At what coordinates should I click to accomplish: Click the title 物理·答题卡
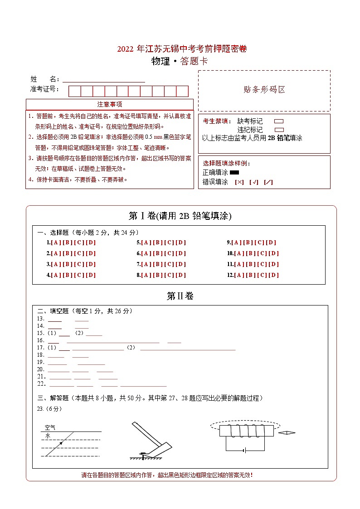point(180,62)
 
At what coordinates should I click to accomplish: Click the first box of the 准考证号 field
point(74,91)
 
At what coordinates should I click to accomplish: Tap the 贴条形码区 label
point(264,90)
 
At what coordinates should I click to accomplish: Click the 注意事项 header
point(109,105)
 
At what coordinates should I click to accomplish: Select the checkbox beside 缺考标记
point(279,121)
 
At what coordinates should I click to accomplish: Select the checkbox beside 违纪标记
point(279,130)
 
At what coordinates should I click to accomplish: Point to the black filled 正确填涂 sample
point(234,172)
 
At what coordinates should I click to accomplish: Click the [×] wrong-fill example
point(239,182)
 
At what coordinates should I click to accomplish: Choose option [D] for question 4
point(91,275)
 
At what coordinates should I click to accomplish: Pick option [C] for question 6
point(169,253)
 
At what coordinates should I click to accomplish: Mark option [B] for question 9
point(248,242)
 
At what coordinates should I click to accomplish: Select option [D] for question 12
point(274,275)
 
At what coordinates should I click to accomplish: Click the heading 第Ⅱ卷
point(180,296)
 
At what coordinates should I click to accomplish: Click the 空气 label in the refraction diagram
point(50,427)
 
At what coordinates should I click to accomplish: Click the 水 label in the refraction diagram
point(47,435)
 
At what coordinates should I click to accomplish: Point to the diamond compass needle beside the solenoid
point(287,433)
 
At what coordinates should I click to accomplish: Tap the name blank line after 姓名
point(104,80)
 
